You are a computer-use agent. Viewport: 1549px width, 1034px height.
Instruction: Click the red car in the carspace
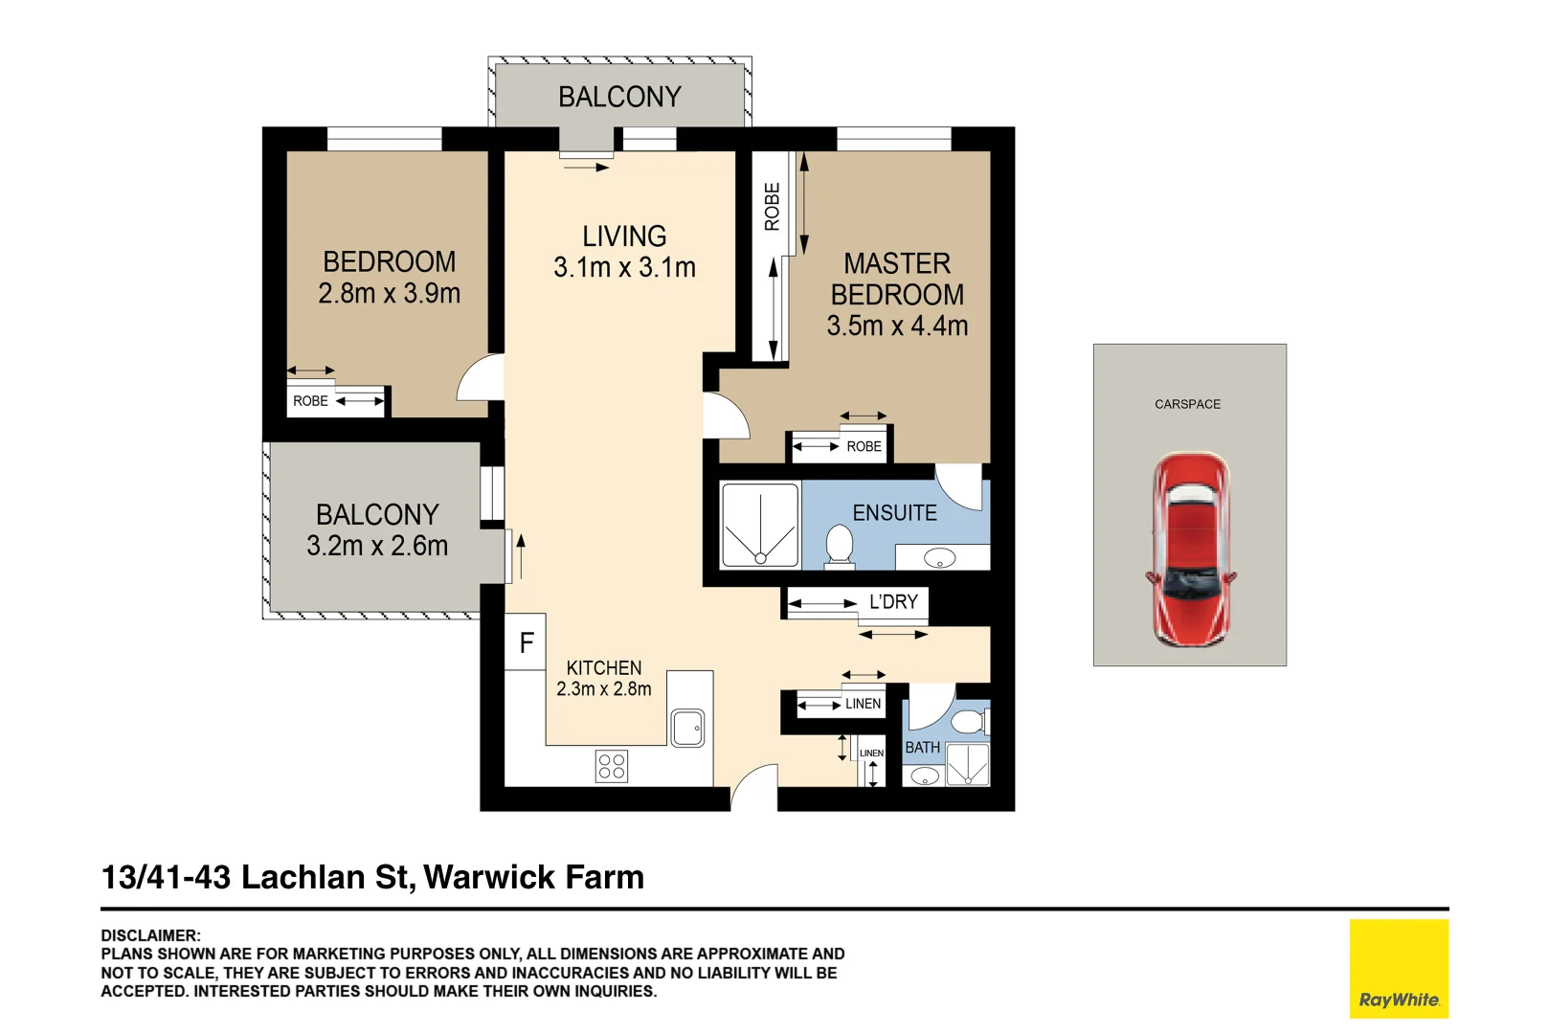tap(1191, 550)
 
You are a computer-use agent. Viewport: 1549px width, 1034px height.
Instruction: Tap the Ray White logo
tap(1399, 968)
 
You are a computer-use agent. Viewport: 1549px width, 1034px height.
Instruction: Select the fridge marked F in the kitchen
tap(526, 641)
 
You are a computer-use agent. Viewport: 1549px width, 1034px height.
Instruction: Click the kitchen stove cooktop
tap(612, 766)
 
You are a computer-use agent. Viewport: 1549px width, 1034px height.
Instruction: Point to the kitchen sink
tap(688, 728)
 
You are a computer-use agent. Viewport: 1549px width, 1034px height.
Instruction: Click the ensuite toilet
tap(840, 547)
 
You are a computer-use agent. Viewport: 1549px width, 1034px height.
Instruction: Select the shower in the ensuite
tap(760, 526)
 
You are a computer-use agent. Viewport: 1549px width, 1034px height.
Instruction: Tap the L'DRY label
tap(893, 601)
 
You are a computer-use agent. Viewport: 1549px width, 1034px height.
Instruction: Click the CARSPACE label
tap(1187, 404)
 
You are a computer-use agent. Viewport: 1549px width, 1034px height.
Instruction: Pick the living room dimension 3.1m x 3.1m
tap(624, 267)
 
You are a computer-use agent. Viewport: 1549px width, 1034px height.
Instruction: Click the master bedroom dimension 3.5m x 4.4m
tap(898, 326)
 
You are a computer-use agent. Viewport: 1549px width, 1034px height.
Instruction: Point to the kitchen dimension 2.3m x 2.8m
tap(604, 689)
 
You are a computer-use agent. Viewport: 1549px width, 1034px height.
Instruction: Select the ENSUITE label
tap(895, 512)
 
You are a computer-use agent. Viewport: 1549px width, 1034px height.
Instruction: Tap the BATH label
tap(923, 747)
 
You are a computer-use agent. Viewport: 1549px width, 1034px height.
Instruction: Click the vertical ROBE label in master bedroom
tap(772, 206)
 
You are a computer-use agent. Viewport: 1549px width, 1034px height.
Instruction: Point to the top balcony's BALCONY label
tap(619, 97)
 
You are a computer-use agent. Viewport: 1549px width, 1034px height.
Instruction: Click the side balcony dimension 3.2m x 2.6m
tap(377, 546)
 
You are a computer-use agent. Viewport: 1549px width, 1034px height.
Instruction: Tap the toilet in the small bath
tap(970, 722)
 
